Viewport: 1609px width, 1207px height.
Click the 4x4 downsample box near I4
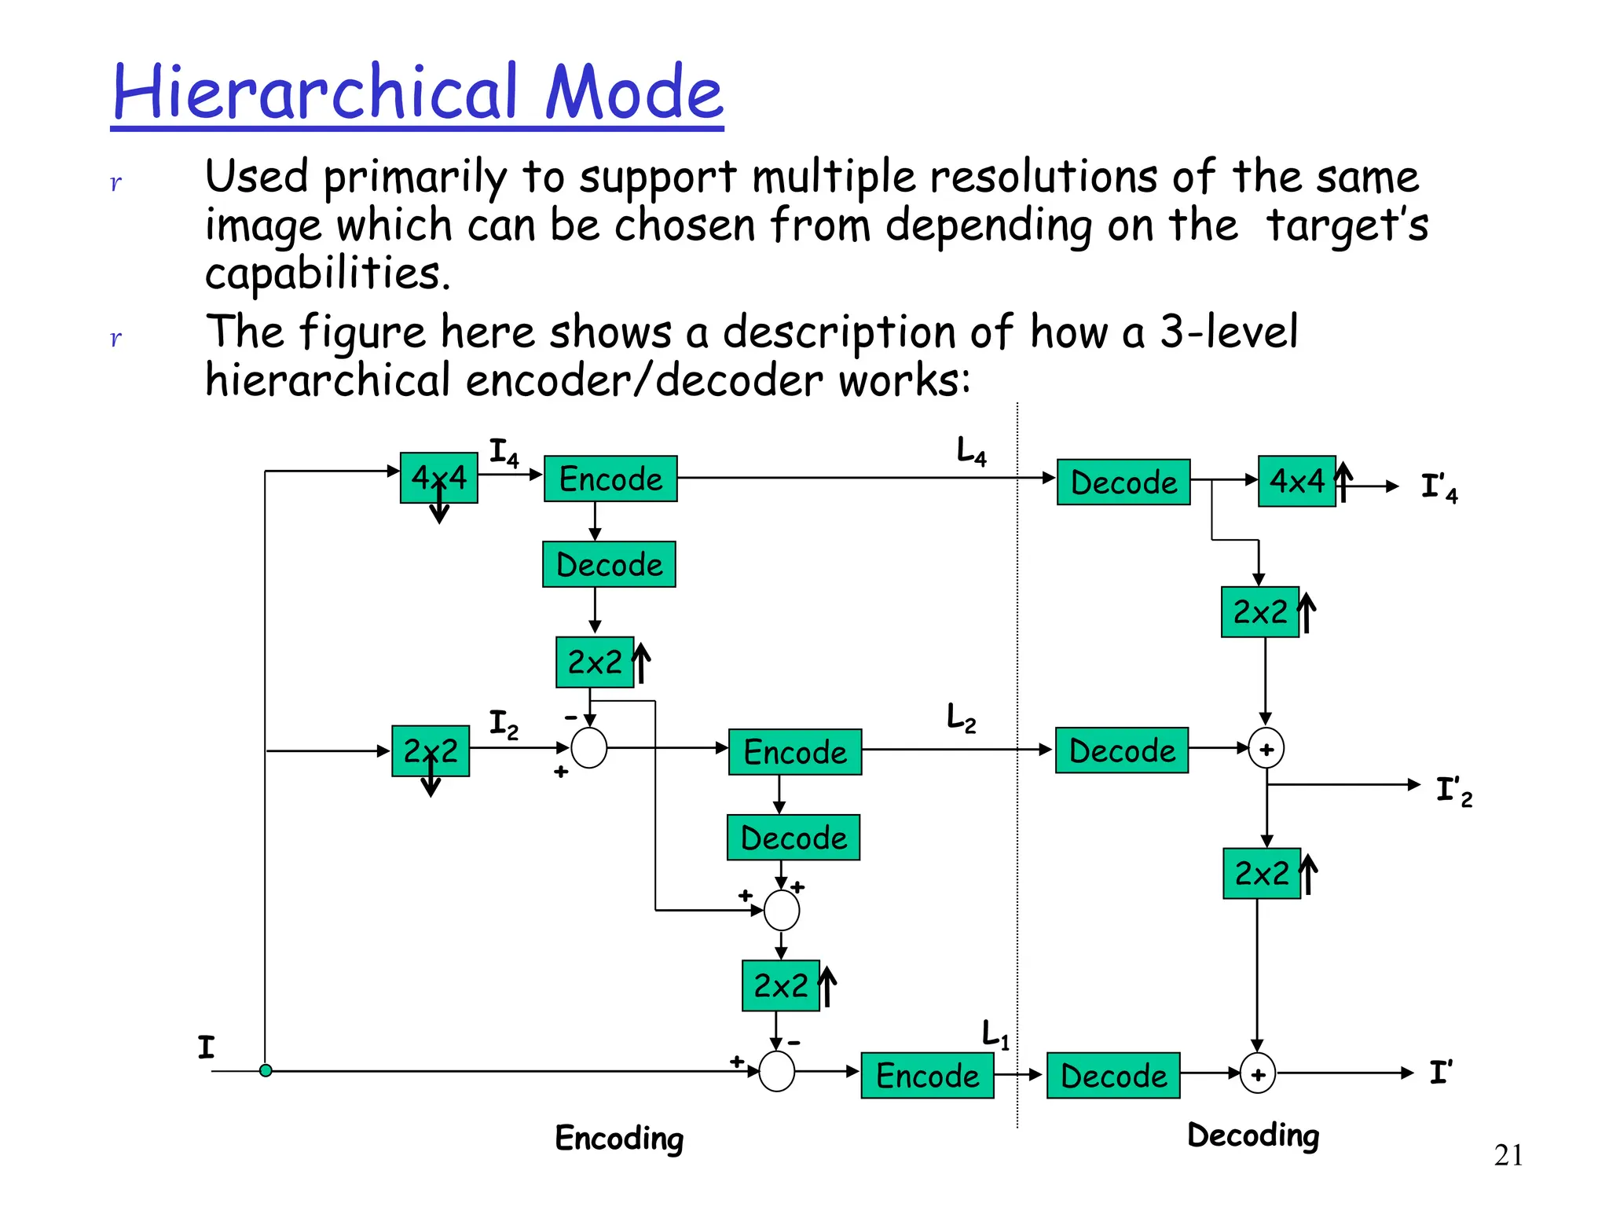[x=438, y=478]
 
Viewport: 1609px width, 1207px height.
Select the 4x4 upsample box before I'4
[x=1296, y=481]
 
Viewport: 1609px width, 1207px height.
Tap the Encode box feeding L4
[x=610, y=479]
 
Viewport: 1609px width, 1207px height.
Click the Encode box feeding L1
[x=927, y=1075]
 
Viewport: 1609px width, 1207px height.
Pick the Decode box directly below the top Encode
[x=609, y=564]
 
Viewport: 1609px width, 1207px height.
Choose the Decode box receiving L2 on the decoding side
[x=1121, y=750]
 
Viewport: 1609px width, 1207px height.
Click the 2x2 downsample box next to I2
[x=430, y=751]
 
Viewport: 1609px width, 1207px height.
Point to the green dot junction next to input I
[x=266, y=1070]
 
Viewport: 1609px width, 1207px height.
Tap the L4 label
[x=971, y=452]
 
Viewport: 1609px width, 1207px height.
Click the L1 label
[x=995, y=1034]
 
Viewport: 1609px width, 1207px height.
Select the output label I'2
[x=1453, y=791]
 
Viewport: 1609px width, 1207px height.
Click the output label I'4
[x=1439, y=487]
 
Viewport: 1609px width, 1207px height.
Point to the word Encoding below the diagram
[x=619, y=1138]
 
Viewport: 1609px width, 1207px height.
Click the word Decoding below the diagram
[x=1253, y=1135]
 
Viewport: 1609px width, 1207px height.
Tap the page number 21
[x=1508, y=1155]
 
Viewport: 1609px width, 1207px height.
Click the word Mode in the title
[x=633, y=93]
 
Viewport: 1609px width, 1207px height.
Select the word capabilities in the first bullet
[x=328, y=273]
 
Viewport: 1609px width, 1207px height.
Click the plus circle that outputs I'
[x=1257, y=1074]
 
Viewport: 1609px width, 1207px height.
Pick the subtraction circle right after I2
[x=589, y=747]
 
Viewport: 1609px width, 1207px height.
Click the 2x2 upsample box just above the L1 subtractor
[x=780, y=985]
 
